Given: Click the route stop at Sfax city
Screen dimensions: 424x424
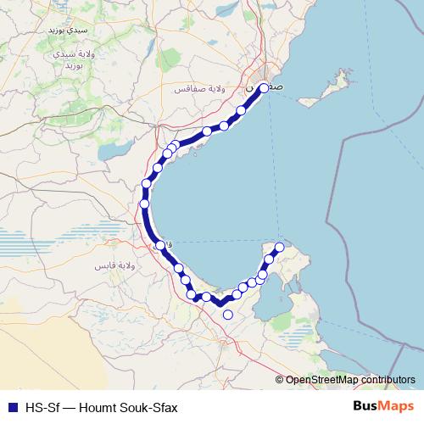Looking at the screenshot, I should [264, 87].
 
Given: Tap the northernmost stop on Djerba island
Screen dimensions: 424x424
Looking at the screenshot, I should [279, 247].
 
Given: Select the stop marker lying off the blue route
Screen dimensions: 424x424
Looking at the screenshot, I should [227, 315].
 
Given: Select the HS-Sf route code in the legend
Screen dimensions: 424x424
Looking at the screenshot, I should [40, 407].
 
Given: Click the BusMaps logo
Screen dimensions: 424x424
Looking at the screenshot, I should [383, 406].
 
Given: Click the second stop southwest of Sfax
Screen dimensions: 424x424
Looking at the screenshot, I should [225, 126].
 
